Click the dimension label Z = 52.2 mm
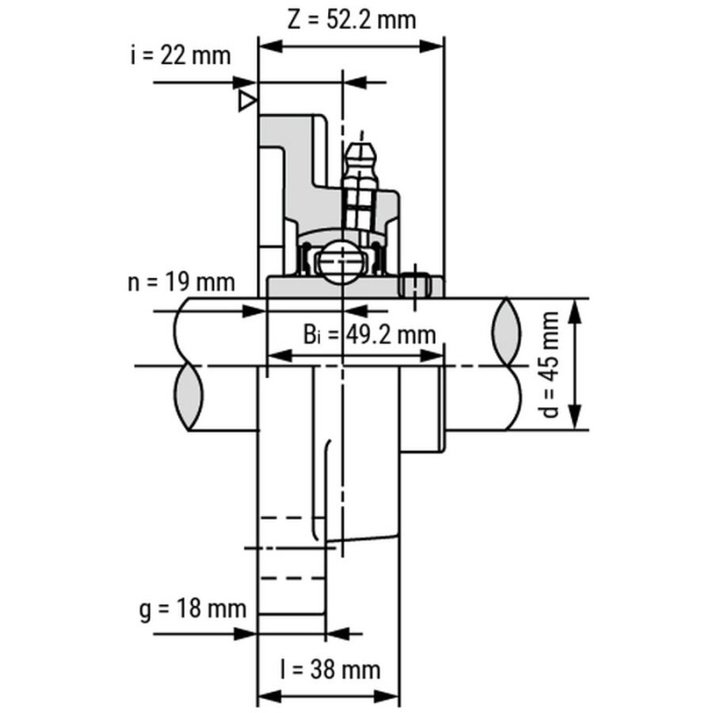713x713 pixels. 351,19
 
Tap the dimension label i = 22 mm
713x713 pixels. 178,55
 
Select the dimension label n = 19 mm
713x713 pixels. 180,283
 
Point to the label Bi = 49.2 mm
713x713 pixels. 367,334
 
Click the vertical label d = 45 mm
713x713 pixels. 553,365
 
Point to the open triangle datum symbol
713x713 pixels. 247,102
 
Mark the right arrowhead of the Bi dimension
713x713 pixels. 435,356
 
